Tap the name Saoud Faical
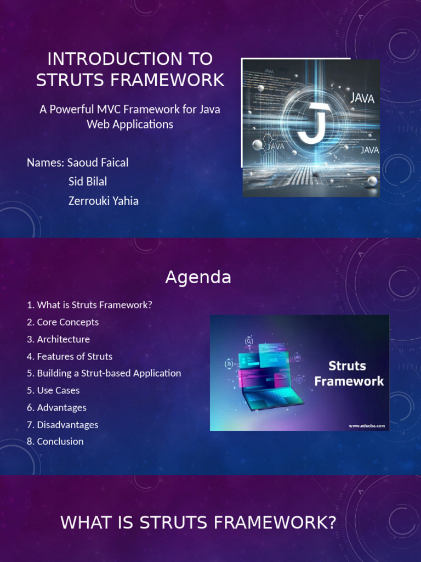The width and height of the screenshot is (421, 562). (x=98, y=162)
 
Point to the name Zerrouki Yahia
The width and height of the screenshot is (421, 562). (x=103, y=201)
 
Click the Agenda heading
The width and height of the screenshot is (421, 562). (x=198, y=278)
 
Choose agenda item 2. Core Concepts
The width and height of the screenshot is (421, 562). (x=62, y=322)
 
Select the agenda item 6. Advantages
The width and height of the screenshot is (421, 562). (x=56, y=407)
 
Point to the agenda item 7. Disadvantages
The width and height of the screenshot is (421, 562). (x=62, y=424)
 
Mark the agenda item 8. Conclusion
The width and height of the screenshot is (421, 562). (x=55, y=441)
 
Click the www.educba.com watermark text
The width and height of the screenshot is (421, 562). (x=367, y=425)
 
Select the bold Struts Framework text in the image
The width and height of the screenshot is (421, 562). (x=349, y=373)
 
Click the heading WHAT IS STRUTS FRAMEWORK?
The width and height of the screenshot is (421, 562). (x=198, y=523)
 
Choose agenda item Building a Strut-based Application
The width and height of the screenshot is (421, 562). (x=104, y=373)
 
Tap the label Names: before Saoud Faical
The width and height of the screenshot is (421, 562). (x=46, y=162)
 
